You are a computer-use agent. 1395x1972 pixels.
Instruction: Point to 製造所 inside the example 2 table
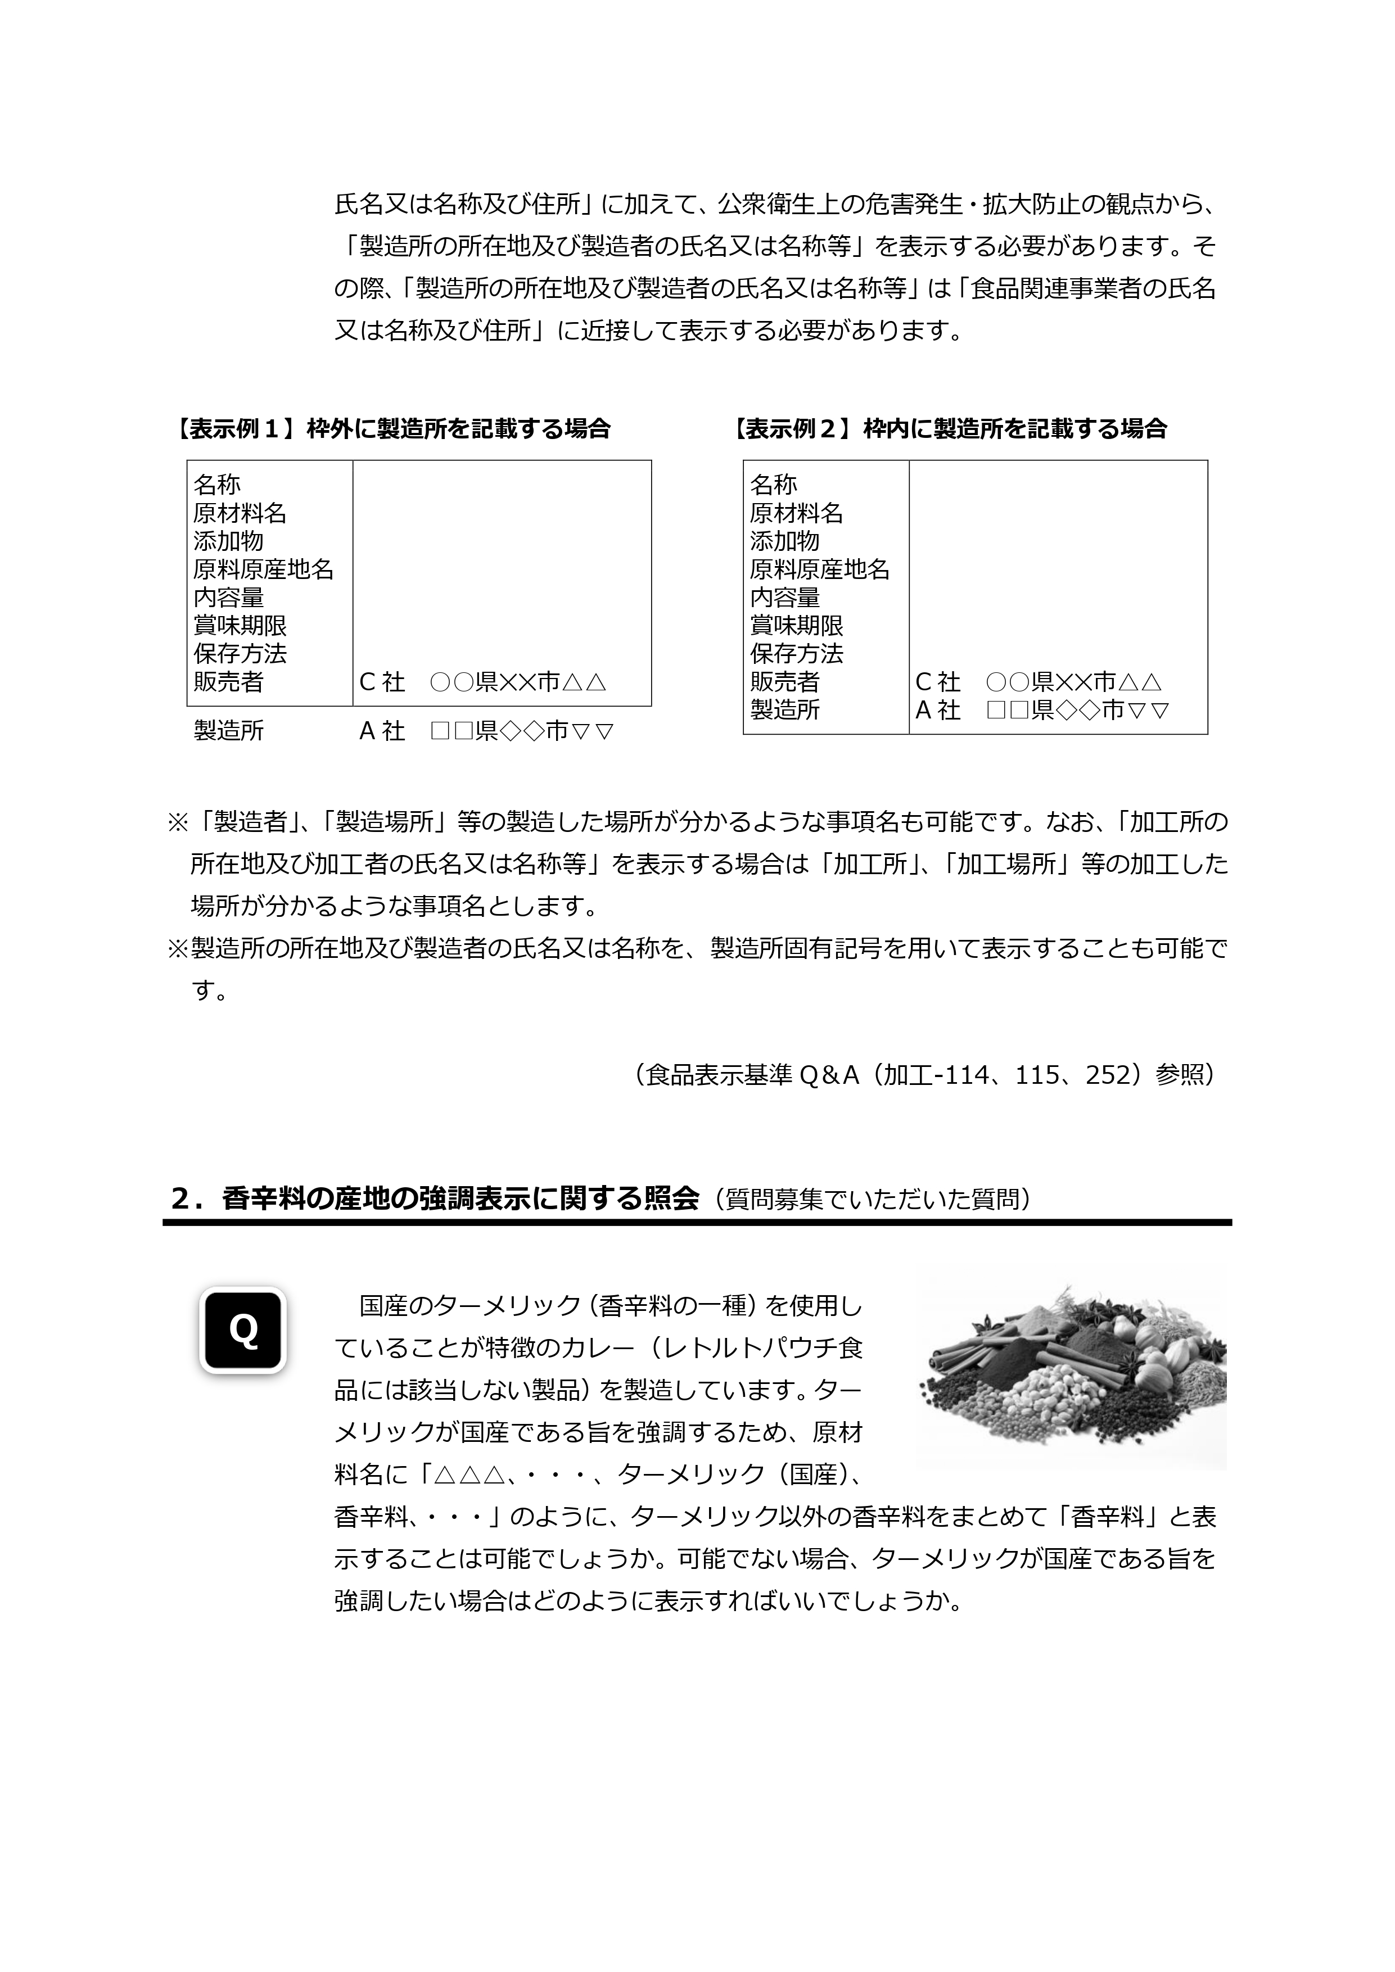coord(785,711)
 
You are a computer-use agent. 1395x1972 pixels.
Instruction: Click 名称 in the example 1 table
coord(218,485)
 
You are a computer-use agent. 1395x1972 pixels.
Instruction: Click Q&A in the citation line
coord(830,1075)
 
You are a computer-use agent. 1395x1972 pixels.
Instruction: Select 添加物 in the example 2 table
coord(785,541)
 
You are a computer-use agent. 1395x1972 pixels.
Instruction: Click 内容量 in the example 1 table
coord(228,598)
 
